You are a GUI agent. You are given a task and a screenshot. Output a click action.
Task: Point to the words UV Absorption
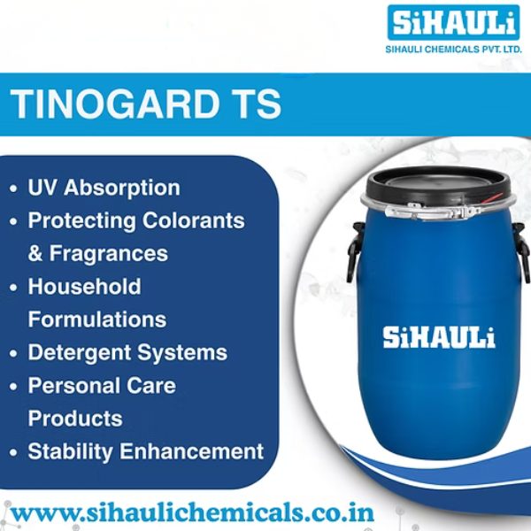pyautogui.click(x=104, y=188)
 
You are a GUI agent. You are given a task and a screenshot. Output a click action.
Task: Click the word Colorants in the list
pyautogui.click(x=195, y=220)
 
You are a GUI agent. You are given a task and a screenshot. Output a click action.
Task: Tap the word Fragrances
pyautogui.click(x=109, y=253)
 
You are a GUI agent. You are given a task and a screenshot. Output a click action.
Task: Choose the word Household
pyautogui.click(x=84, y=287)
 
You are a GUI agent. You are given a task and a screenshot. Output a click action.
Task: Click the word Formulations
pyautogui.click(x=97, y=319)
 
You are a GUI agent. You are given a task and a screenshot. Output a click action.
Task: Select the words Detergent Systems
pyautogui.click(x=127, y=352)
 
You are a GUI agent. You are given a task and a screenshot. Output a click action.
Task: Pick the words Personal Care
pyautogui.click(x=102, y=386)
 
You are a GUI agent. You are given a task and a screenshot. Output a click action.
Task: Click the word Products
pyautogui.click(x=75, y=419)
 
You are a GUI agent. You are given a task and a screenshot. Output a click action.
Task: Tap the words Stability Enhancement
pyautogui.click(x=146, y=451)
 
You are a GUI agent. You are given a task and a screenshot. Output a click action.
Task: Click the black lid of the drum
pyautogui.click(x=439, y=182)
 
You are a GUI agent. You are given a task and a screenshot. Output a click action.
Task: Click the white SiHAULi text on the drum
pyautogui.click(x=439, y=336)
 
